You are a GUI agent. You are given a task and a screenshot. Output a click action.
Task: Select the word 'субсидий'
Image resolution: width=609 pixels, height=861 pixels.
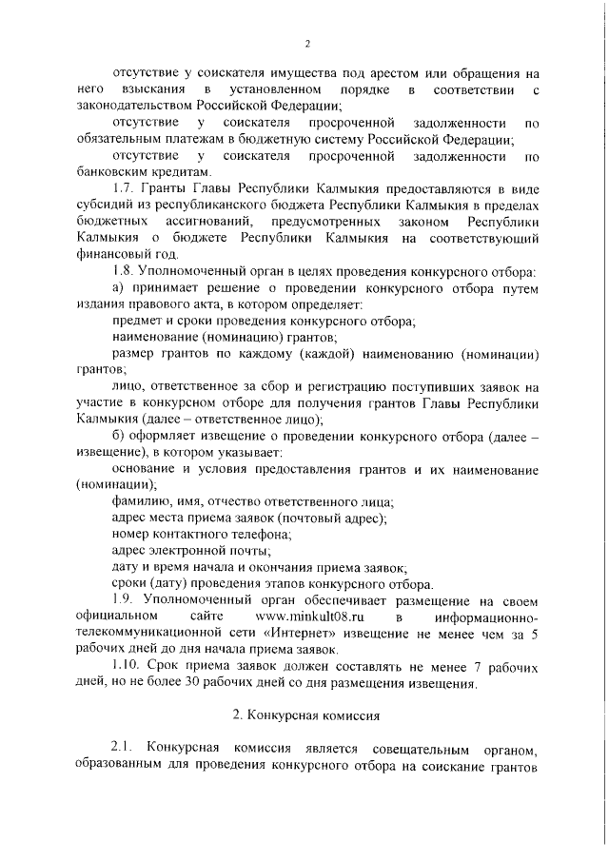point(104,206)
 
